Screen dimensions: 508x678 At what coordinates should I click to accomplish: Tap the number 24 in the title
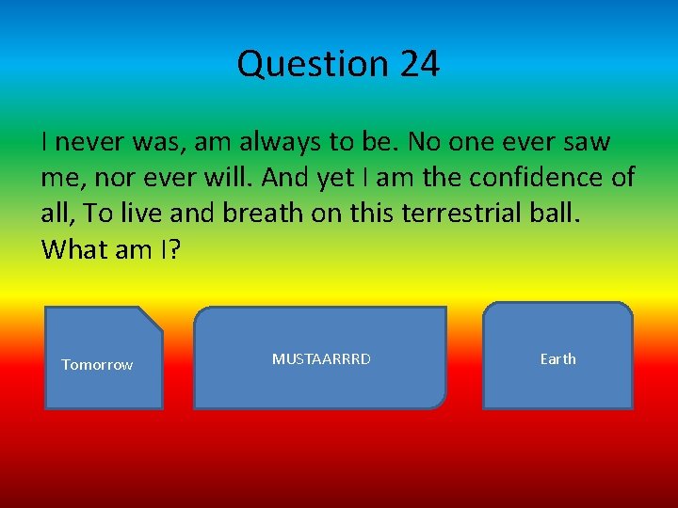pyautogui.click(x=419, y=64)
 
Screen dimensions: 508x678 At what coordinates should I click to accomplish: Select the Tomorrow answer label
pyautogui.click(x=97, y=365)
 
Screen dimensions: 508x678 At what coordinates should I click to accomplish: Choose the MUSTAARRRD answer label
pyautogui.click(x=321, y=359)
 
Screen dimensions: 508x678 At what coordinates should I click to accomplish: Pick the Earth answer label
pyautogui.click(x=557, y=359)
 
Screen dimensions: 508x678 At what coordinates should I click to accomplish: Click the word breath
pyautogui.click(x=259, y=214)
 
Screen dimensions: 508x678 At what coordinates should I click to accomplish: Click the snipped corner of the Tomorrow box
pyautogui.click(x=153, y=317)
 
